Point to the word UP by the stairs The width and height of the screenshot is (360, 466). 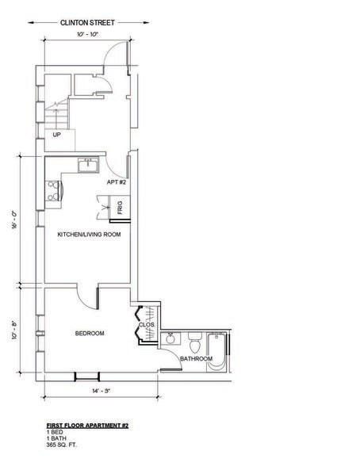(56, 135)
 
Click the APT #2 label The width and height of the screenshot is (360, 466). (117, 181)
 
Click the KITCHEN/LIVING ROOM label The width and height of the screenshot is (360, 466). (88, 235)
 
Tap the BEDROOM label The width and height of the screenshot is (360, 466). (90, 334)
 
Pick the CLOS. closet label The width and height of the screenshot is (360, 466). (146, 324)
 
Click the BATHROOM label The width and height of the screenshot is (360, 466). (196, 359)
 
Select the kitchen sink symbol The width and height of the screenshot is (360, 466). (86, 165)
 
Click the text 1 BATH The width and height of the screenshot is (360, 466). (56, 438)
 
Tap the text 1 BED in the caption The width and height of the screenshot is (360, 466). (54, 433)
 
